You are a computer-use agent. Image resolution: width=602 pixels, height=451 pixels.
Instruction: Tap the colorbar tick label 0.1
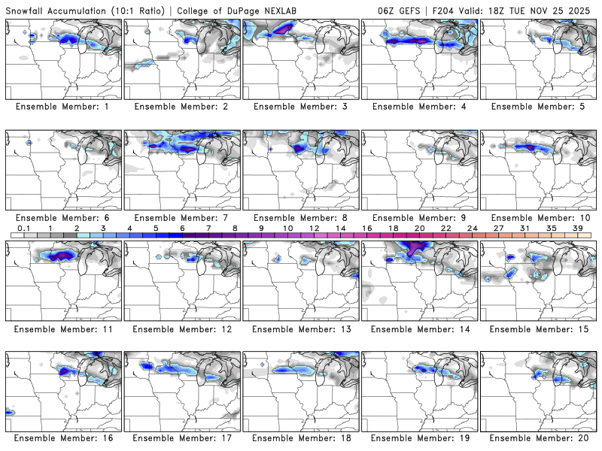tap(23, 228)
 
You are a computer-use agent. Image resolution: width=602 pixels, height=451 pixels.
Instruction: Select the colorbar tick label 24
tap(472, 228)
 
